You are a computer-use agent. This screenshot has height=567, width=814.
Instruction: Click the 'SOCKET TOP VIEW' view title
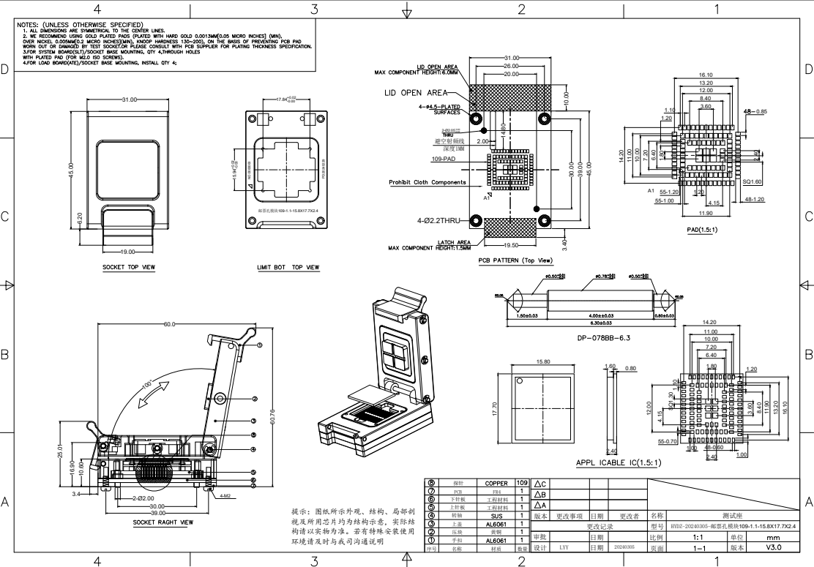point(129,268)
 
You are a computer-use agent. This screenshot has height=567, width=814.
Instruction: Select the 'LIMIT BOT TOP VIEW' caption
point(288,268)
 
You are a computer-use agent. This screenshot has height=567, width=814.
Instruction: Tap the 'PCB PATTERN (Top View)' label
point(515,260)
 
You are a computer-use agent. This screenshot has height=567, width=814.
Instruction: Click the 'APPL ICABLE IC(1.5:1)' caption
point(619,462)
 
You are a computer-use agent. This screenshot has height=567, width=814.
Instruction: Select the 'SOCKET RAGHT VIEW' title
point(163,522)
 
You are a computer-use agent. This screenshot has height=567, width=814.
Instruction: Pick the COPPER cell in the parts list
point(496,483)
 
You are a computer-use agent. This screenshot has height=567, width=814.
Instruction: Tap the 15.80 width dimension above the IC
point(544,361)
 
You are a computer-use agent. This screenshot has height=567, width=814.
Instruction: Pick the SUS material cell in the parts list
point(496,515)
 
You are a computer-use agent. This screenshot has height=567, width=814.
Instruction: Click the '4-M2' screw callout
point(227,496)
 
